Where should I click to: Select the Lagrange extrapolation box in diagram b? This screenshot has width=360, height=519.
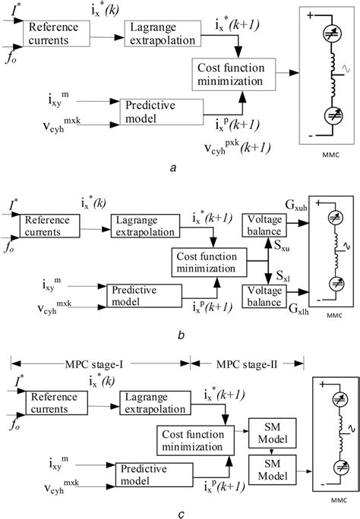144,224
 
